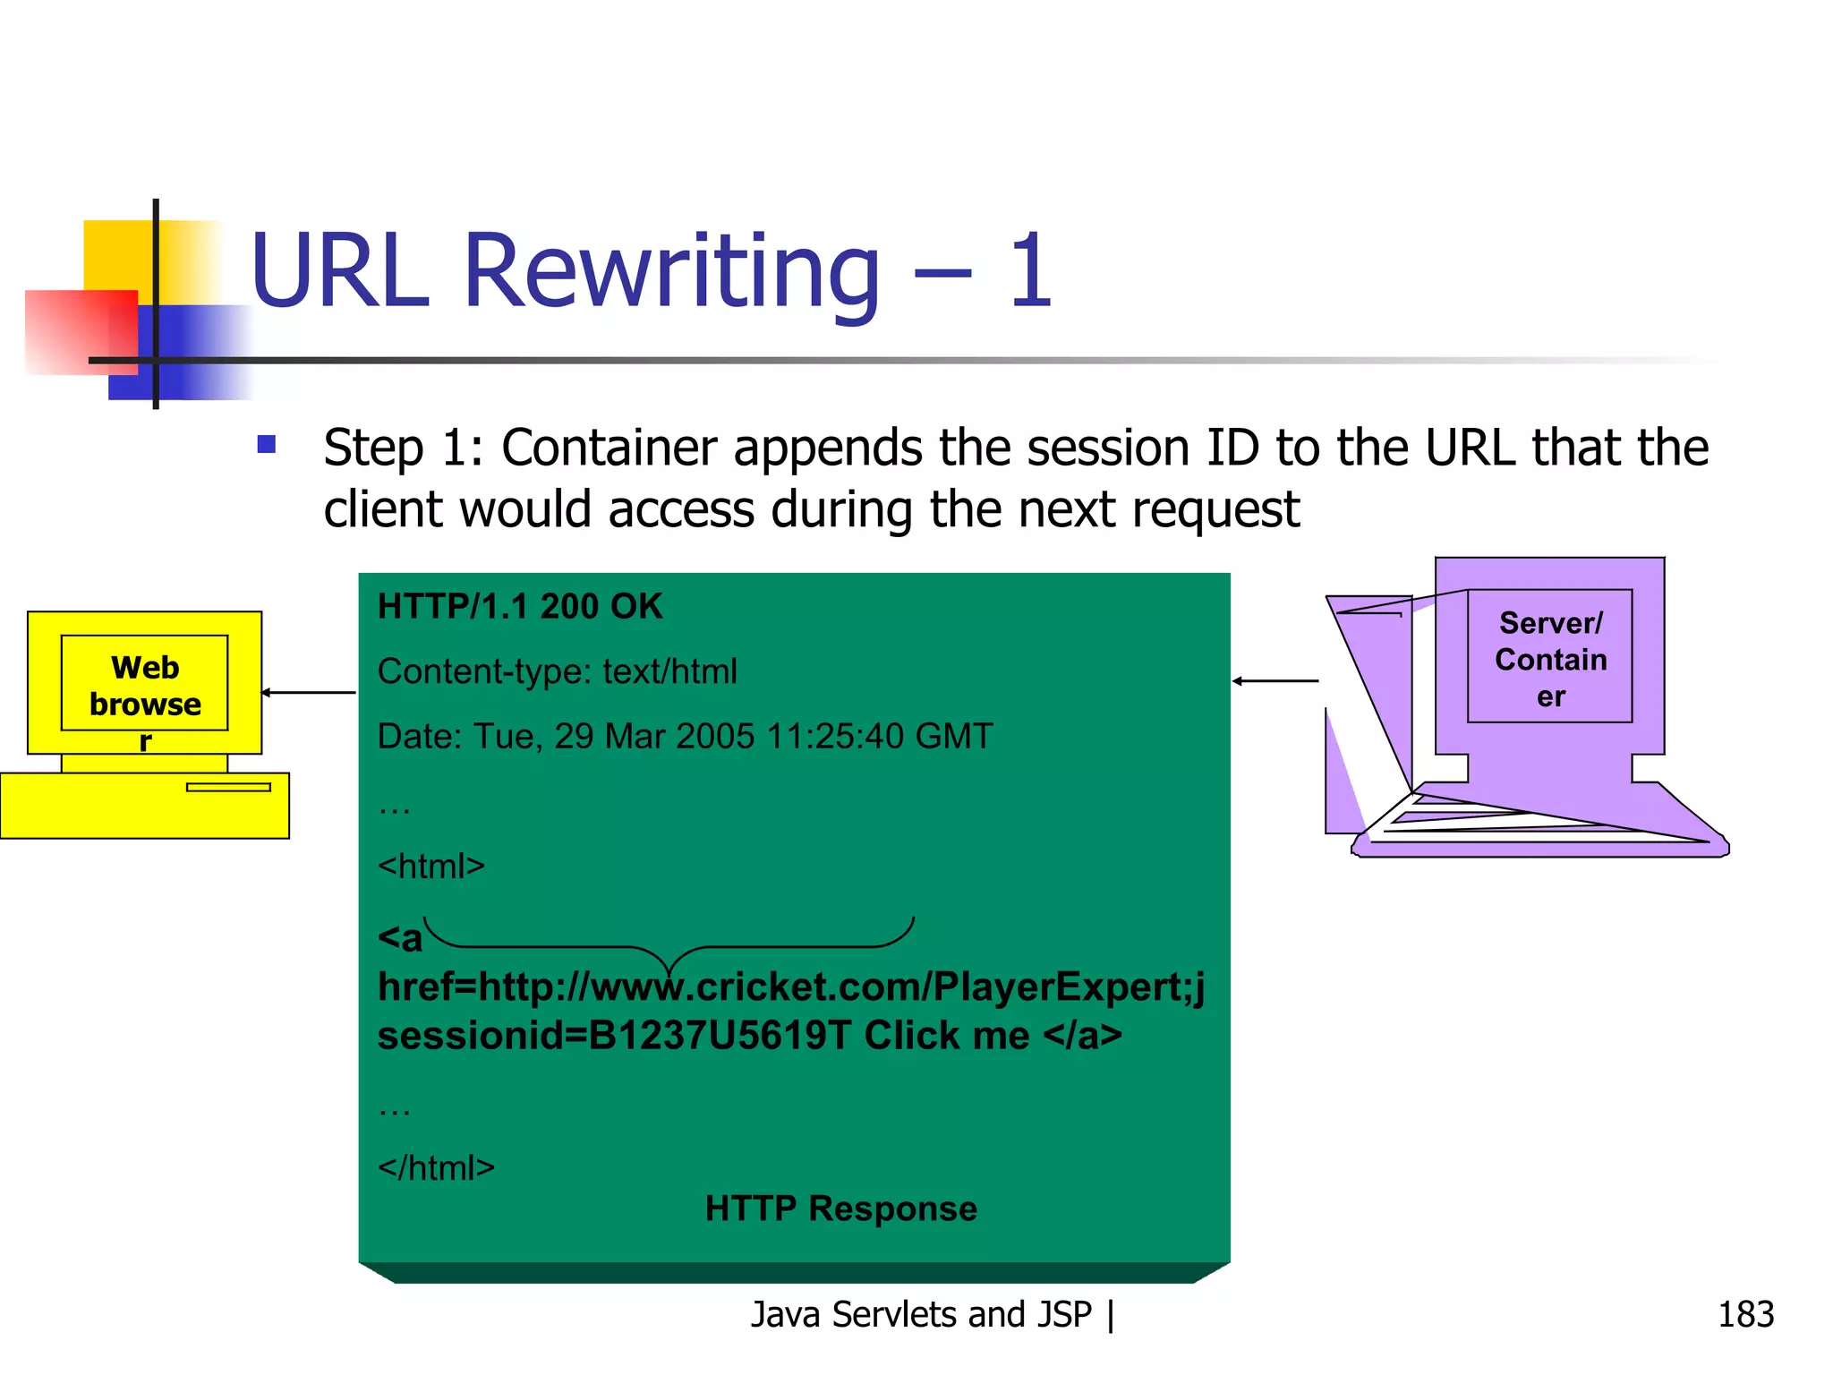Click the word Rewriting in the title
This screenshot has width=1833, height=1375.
(x=671, y=271)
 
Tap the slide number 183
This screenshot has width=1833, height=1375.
(x=1744, y=1314)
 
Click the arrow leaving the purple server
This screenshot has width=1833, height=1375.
(x=1275, y=681)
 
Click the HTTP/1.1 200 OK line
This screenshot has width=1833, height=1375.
(x=520, y=607)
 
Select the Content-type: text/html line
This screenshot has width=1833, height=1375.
(x=557, y=671)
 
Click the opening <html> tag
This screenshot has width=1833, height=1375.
(x=431, y=867)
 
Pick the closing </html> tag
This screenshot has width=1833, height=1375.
(x=436, y=1168)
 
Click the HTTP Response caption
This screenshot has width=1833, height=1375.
(x=840, y=1208)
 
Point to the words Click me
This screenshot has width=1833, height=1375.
(x=946, y=1036)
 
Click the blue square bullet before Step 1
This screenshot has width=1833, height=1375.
(x=266, y=444)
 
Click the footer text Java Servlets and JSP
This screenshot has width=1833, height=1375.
(x=921, y=1314)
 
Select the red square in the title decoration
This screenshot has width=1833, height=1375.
(x=81, y=331)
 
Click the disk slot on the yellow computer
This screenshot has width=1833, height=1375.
(x=228, y=788)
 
